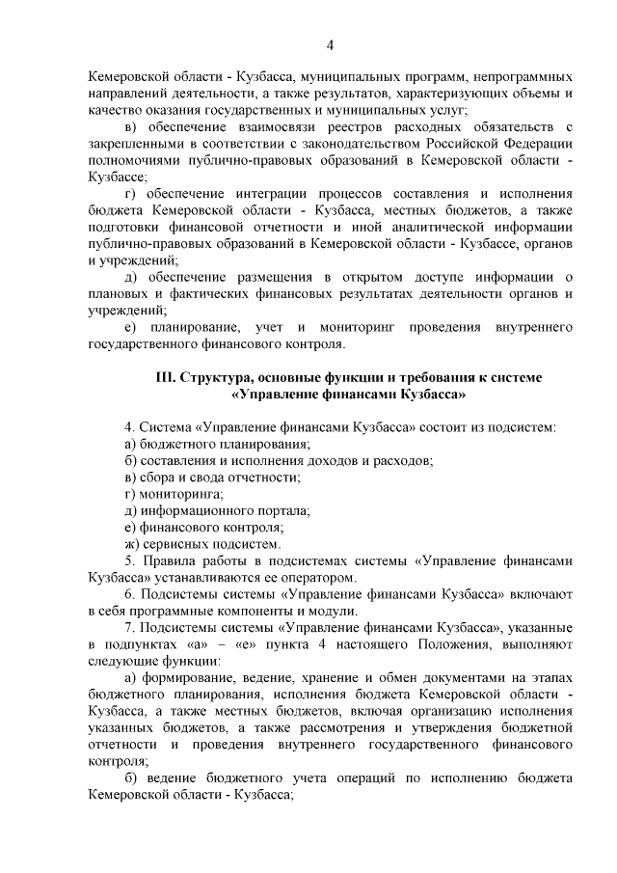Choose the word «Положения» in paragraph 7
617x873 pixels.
coord(456,644)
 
